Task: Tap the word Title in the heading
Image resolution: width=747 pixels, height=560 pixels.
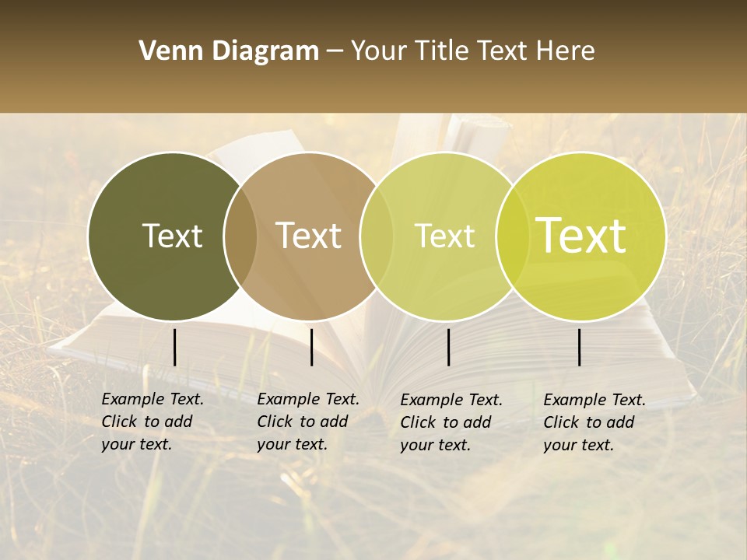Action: (x=442, y=51)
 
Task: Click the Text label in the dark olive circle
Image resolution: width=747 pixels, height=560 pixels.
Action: (x=172, y=236)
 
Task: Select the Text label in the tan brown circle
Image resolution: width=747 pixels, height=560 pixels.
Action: (x=309, y=236)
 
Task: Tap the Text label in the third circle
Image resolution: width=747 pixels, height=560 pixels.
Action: (x=444, y=236)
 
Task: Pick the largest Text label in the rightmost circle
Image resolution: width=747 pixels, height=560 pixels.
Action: (x=580, y=236)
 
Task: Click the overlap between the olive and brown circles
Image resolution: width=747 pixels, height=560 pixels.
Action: (x=240, y=236)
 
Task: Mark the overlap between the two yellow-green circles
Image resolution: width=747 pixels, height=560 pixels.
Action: (x=510, y=236)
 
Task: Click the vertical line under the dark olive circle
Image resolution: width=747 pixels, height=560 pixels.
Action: (x=174, y=347)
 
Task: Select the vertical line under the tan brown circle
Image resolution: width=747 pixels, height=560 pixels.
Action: (x=311, y=347)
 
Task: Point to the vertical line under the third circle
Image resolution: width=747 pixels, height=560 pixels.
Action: (x=448, y=347)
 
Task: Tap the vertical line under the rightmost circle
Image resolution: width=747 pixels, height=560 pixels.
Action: (x=579, y=347)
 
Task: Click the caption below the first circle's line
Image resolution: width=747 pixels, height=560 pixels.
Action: (x=153, y=422)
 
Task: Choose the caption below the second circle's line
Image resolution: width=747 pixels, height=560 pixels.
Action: (x=308, y=422)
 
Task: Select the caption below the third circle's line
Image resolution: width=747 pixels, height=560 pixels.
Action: (x=451, y=422)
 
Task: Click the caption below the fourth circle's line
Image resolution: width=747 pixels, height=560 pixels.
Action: (x=594, y=422)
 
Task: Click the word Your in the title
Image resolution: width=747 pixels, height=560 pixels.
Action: (x=379, y=51)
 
